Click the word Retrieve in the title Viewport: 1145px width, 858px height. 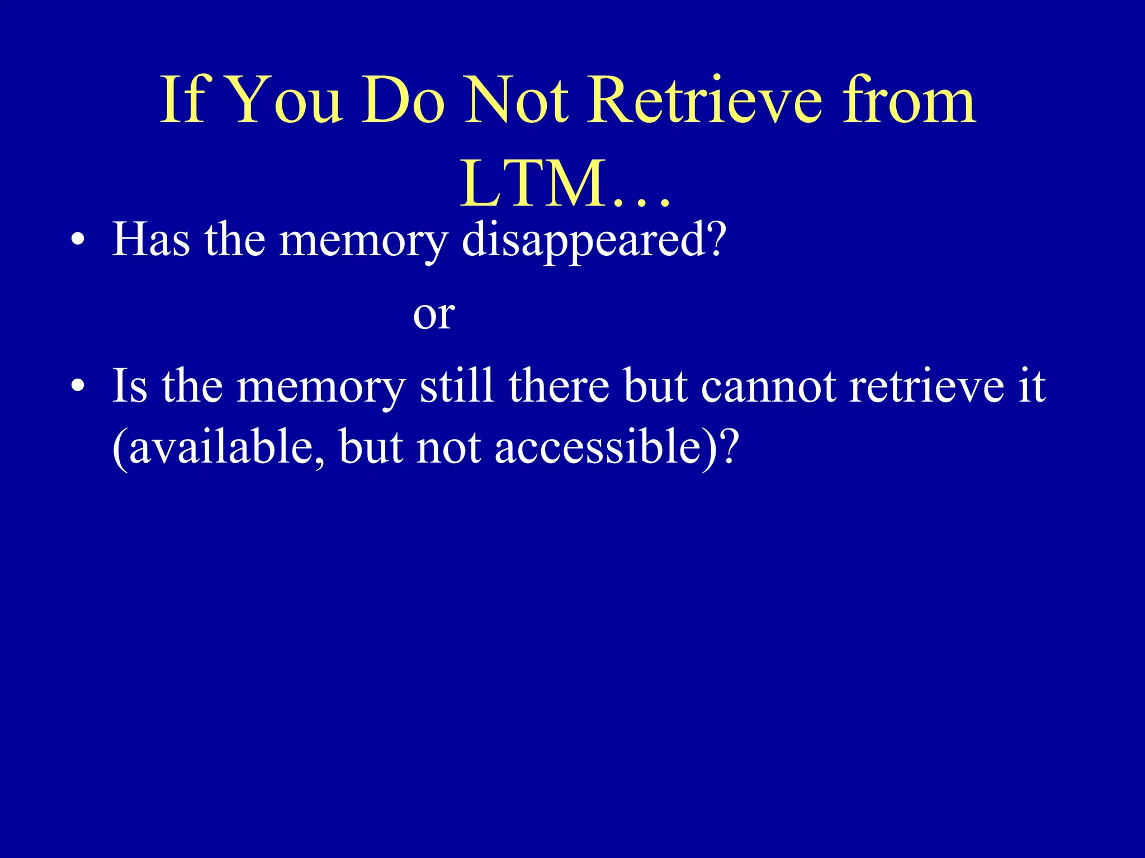click(x=706, y=101)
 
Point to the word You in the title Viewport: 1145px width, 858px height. click(x=285, y=101)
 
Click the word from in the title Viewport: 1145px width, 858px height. click(x=910, y=101)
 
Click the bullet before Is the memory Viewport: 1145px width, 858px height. click(x=78, y=387)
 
